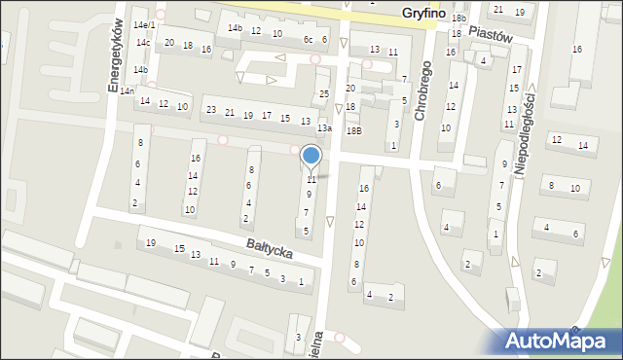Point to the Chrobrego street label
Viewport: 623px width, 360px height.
421,93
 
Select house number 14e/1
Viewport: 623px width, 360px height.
144,24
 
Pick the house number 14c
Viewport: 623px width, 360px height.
142,43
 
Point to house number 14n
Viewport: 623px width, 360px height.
127,90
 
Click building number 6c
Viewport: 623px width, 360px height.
308,39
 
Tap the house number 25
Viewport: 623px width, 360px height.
324,94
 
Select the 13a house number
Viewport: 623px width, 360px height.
324,128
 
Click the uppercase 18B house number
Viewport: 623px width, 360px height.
353,129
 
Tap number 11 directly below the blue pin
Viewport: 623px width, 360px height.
311,180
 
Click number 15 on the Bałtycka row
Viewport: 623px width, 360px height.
179,249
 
